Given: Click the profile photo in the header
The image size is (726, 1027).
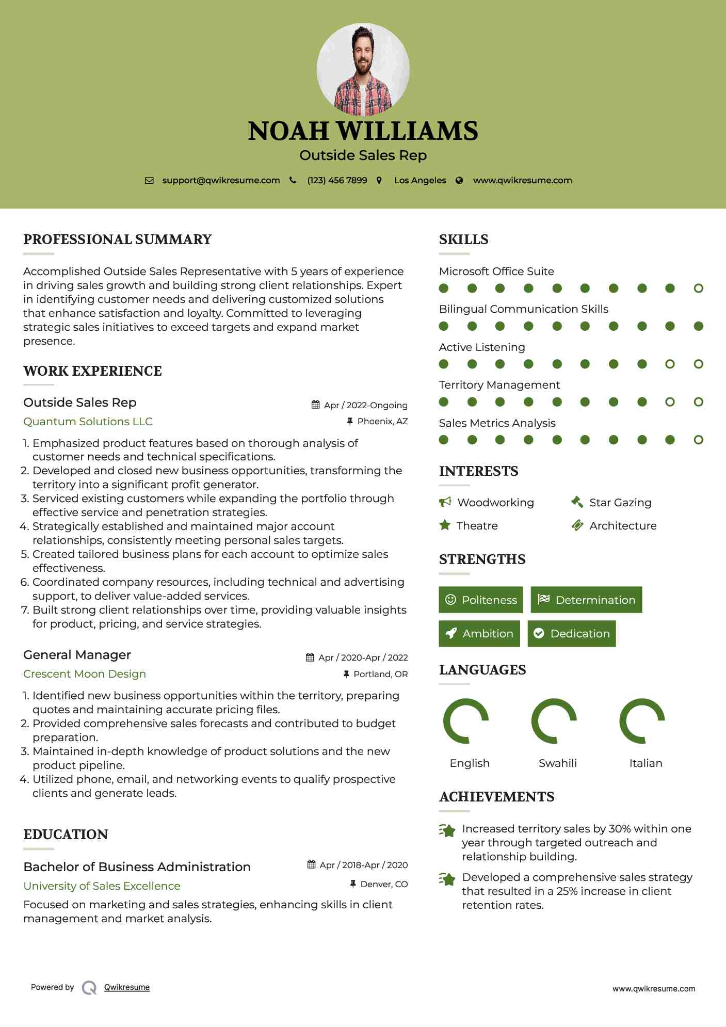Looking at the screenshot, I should tap(363, 69).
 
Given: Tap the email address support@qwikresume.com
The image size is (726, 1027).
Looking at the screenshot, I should tap(221, 180).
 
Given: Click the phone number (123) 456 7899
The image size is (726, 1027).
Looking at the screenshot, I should tap(337, 180).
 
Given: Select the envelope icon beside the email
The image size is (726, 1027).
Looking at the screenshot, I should tap(149, 180).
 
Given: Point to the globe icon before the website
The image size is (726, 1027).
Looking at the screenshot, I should tap(459, 180).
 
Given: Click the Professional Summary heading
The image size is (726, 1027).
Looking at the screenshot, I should tap(118, 239).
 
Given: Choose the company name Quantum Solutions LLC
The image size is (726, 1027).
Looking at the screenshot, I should tap(88, 422).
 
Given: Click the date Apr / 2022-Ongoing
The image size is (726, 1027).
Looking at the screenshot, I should tap(365, 405).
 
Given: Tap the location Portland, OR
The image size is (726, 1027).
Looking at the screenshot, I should tap(380, 674).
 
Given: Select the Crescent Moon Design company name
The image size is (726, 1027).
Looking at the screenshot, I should tap(85, 674).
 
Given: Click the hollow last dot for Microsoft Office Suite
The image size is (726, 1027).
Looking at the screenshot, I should tap(698, 288).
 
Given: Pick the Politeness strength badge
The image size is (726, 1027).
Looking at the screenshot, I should tap(481, 600).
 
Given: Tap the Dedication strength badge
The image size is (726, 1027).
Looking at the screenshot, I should tap(572, 633).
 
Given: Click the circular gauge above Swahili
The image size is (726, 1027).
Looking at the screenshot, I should tap(554, 721).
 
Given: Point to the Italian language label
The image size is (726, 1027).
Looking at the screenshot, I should tap(646, 763).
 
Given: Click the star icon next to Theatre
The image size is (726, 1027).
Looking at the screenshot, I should tap(444, 525).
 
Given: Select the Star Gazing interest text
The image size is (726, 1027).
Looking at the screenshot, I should tap(620, 502).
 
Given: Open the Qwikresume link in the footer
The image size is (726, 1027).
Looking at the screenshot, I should tap(127, 987).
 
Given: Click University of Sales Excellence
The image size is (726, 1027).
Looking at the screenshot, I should tap(102, 886).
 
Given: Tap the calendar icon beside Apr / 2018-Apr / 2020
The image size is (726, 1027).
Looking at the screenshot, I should tap(311, 864).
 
